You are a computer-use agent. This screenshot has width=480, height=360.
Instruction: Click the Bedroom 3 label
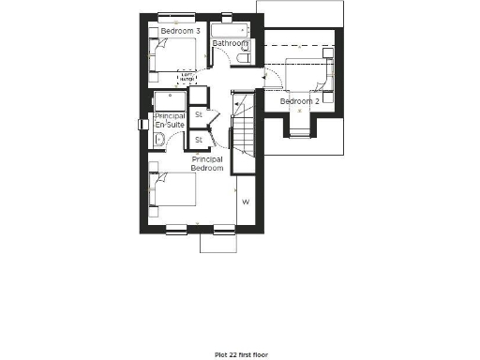tap(179, 31)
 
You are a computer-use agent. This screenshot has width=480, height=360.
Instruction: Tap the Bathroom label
tap(230, 43)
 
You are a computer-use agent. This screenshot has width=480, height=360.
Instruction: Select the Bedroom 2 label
tap(300, 100)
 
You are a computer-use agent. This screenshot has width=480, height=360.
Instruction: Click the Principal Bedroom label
tap(207, 164)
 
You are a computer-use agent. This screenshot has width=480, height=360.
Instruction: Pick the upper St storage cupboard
tap(199, 116)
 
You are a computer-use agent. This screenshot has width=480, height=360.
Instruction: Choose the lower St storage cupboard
tap(199, 140)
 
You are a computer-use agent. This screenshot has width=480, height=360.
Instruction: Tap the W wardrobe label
tap(247, 202)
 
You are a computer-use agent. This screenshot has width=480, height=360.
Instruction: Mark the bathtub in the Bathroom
tap(230, 29)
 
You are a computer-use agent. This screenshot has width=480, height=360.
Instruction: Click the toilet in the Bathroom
tap(242, 59)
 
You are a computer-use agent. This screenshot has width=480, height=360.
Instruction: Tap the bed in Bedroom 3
tap(174, 56)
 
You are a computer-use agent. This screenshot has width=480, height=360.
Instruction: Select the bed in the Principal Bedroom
tap(175, 192)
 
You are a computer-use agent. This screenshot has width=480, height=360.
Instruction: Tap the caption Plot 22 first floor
tap(240, 355)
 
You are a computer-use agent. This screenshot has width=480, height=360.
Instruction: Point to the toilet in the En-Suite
tap(160, 141)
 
